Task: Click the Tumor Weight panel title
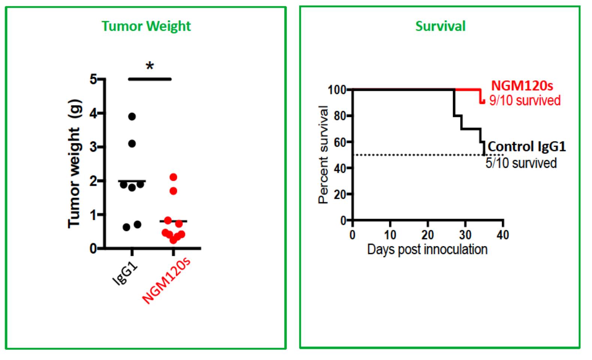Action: (146, 26)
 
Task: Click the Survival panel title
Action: (440, 26)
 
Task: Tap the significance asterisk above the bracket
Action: (150, 67)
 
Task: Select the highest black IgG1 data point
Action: (132, 117)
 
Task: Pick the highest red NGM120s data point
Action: (173, 177)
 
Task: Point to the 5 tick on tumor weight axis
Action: (93, 79)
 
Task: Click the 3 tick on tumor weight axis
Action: (93, 147)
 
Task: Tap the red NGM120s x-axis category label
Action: (167, 279)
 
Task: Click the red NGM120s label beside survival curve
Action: (522, 86)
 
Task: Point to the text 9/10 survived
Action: (525, 100)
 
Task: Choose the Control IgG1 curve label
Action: (527, 146)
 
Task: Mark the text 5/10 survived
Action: (521, 163)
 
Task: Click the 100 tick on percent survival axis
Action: (336, 90)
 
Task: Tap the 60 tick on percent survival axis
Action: (339, 142)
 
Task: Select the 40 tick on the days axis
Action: (503, 235)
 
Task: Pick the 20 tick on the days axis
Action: (428, 235)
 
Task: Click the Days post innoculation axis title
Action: (427, 249)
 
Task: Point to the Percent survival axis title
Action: (323, 154)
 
